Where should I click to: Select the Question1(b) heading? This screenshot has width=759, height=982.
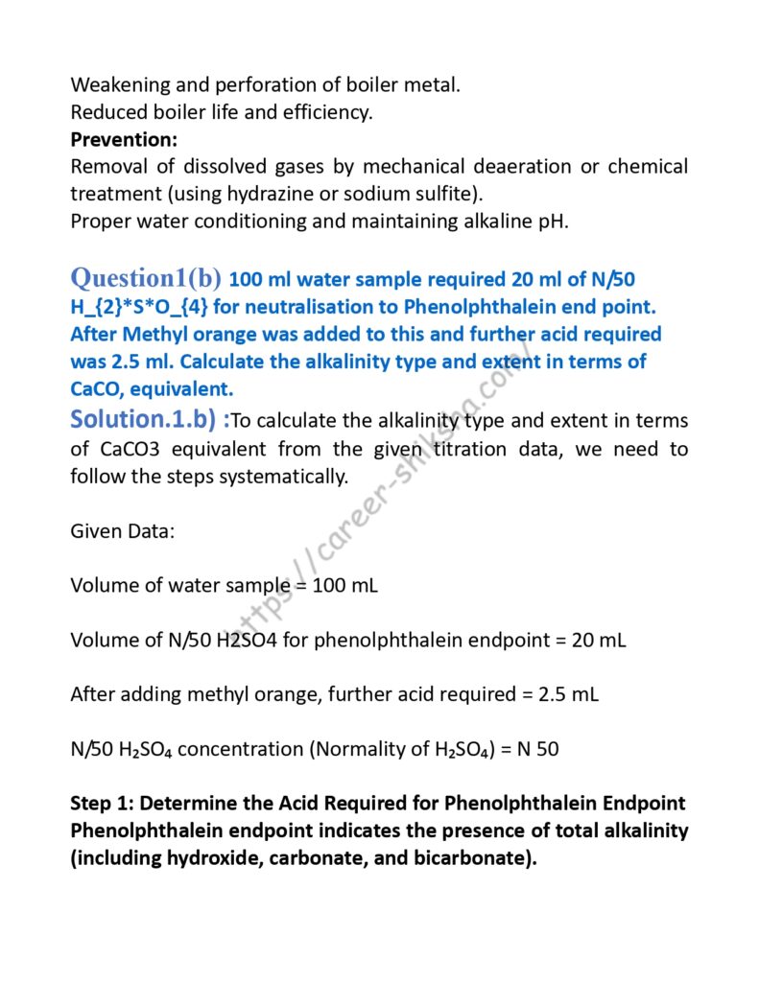coord(146,278)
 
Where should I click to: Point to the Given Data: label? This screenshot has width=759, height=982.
coord(122,530)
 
